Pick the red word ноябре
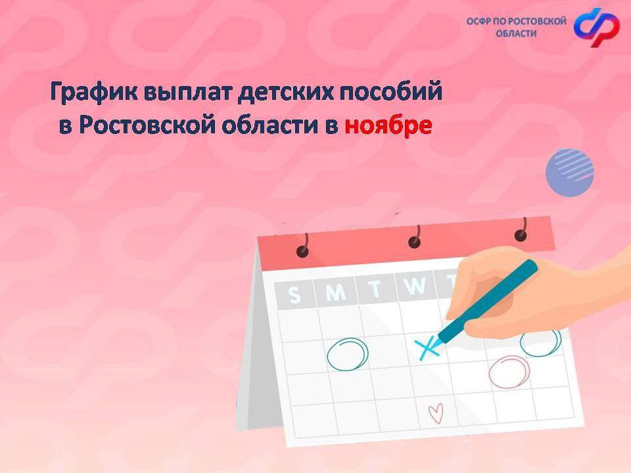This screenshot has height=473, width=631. pyautogui.click(x=388, y=125)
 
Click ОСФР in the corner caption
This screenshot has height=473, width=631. pyautogui.click(x=479, y=21)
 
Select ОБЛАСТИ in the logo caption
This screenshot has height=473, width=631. pyautogui.click(x=517, y=34)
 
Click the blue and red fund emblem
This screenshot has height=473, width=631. pyautogui.click(x=597, y=27)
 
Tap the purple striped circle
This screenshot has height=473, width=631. pyautogui.click(x=569, y=173)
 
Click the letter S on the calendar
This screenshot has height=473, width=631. pyautogui.click(x=294, y=295)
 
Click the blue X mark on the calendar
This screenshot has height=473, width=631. pyautogui.click(x=427, y=348)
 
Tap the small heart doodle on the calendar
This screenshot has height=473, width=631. pyautogui.click(x=436, y=413)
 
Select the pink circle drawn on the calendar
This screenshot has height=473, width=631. pyautogui.click(x=509, y=372)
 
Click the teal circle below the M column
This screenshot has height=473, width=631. pyautogui.click(x=348, y=354)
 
